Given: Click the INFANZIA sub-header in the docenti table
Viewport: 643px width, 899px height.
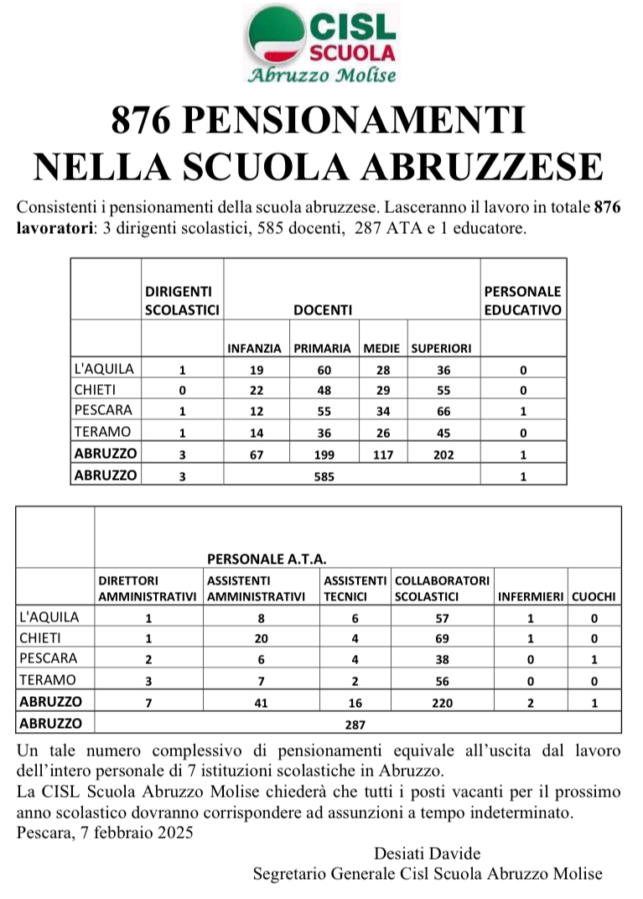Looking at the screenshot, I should (x=255, y=348).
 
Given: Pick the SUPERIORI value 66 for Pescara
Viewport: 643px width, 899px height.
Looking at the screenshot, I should (x=443, y=412).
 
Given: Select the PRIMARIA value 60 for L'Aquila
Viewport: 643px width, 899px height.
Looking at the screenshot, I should (x=324, y=369).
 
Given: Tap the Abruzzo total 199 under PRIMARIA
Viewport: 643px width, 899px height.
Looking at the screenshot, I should (x=324, y=454).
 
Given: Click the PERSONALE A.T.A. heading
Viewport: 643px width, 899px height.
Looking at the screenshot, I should (x=267, y=558).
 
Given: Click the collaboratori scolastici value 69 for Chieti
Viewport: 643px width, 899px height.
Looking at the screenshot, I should (x=442, y=639).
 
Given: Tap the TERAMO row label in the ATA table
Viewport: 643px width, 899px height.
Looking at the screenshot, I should (x=47, y=680).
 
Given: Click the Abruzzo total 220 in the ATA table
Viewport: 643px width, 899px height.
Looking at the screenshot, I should (x=442, y=702).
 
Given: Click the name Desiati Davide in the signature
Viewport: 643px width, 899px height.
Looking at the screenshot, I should (x=428, y=854).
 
